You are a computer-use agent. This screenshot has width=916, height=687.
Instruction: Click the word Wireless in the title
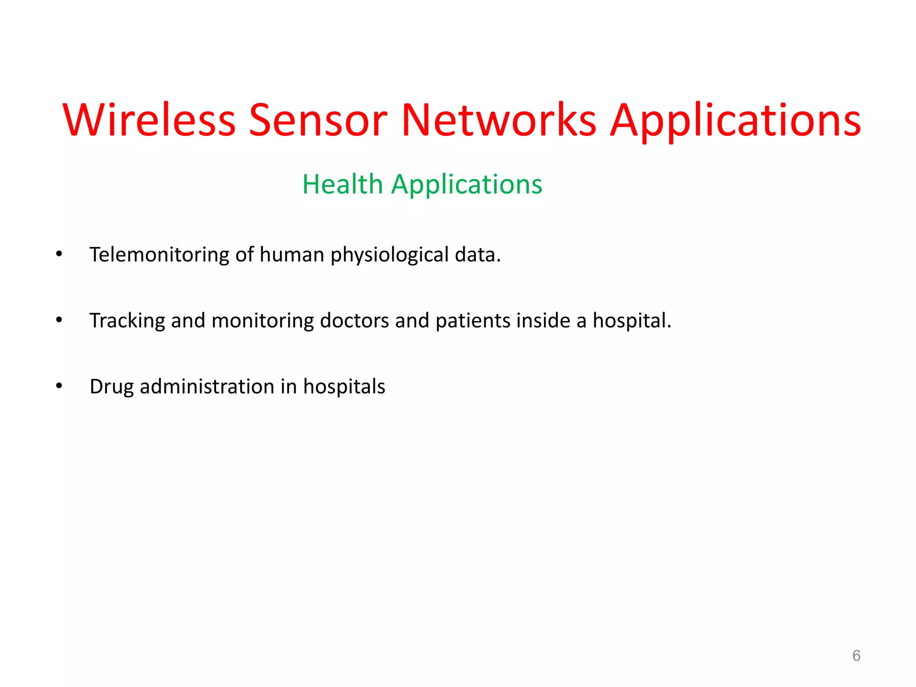click(x=149, y=120)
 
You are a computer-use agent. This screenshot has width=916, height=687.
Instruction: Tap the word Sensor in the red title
click(x=318, y=120)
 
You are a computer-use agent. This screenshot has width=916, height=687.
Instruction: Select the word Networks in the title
click(x=499, y=120)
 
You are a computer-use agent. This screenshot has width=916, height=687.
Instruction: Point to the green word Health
click(x=343, y=184)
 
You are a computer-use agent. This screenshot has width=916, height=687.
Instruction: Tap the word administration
click(x=207, y=386)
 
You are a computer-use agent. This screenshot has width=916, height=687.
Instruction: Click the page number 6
click(x=856, y=656)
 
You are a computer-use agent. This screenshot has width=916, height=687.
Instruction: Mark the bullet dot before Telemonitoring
click(x=59, y=254)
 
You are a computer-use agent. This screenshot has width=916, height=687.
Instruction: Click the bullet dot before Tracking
click(x=59, y=320)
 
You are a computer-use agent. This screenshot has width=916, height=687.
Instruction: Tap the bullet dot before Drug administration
click(x=59, y=386)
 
